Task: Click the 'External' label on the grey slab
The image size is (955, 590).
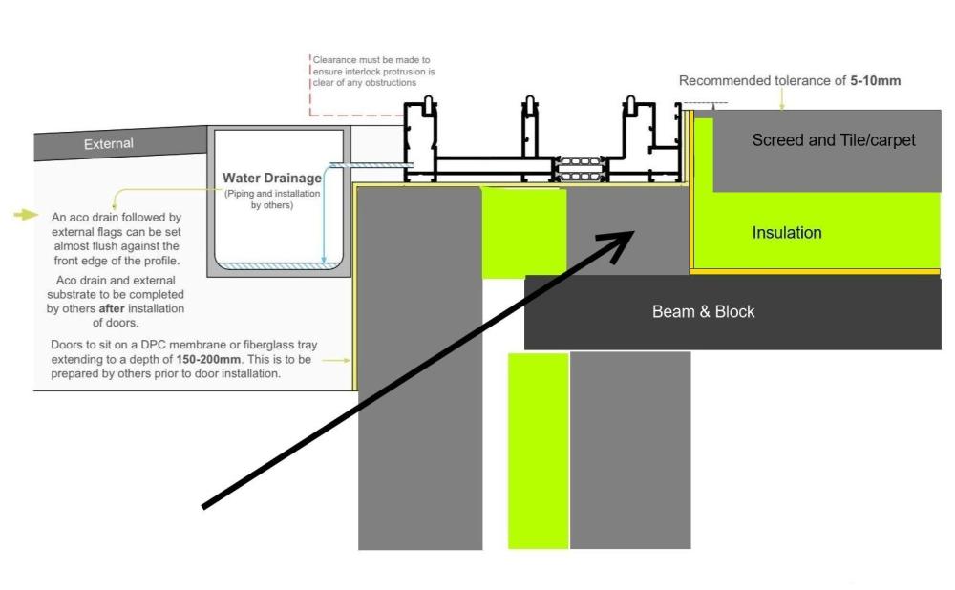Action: tap(109, 144)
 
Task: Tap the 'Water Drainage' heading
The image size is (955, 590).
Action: tap(271, 178)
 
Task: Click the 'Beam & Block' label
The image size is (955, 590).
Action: tap(704, 312)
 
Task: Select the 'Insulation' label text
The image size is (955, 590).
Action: tap(787, 233)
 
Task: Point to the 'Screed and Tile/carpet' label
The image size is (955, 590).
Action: tap(834, 140)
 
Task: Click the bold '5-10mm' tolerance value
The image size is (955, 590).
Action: tap(875, 80)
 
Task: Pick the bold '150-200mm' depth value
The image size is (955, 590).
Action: tap(208, 359)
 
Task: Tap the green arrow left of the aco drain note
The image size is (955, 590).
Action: tap(26, 214)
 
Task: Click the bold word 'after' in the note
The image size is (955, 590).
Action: tap(112, 308)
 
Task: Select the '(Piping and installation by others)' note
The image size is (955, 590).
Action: tap(271, 200)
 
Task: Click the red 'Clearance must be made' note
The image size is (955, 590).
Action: tap(373, 72)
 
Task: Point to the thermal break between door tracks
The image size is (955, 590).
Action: tap(581, 169)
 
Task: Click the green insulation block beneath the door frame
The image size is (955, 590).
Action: tap(524, 233)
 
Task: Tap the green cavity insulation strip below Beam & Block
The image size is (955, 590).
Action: tap(539, 451)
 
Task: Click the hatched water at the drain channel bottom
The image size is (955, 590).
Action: tap(278, 265)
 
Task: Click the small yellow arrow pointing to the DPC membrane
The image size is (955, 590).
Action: tap(336, 361)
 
